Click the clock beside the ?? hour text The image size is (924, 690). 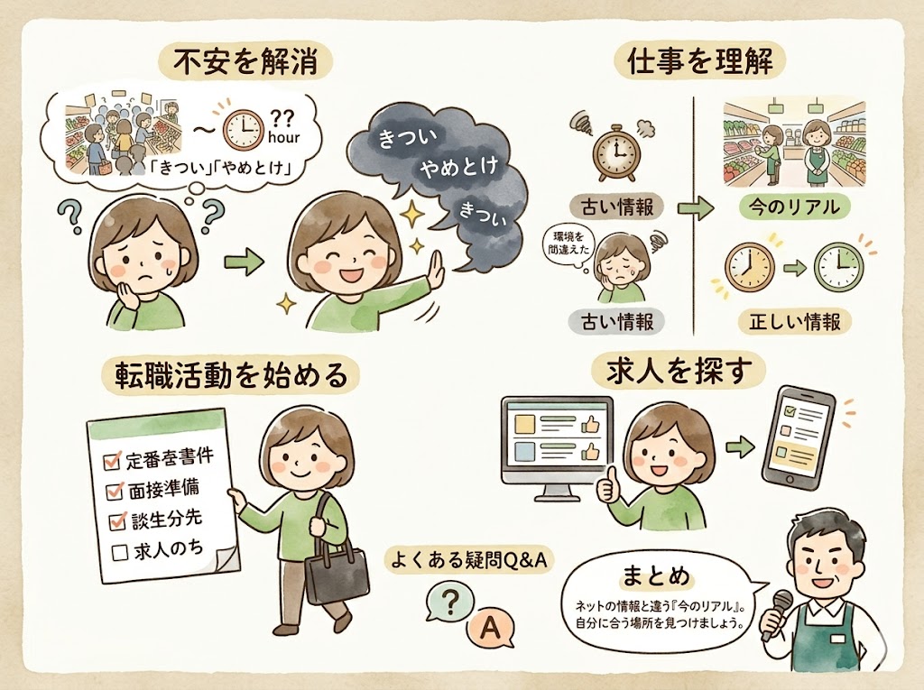(x=242, y=128)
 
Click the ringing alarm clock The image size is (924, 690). (x=614, y=152)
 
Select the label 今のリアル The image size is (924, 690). (x=794, y=207)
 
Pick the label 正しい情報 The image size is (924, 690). (x=794, y=321)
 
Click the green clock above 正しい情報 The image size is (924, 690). (x=838, y=268)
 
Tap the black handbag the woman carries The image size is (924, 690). (x=337, y=572)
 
